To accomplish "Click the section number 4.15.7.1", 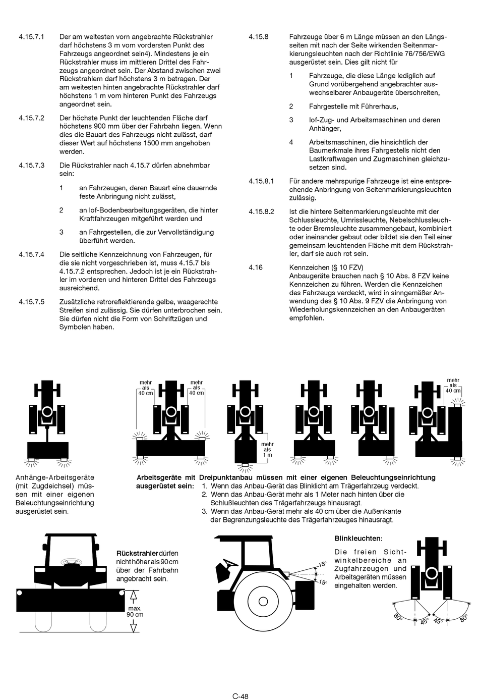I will click(x=31, y=37).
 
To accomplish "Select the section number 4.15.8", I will click(x=258, y=37).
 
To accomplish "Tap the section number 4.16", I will click(x=255, y=267).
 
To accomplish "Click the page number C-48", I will click(x=240, y=682).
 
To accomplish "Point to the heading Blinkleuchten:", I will click(x=358, y=539).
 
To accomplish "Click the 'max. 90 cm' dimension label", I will click(x=135, y=612).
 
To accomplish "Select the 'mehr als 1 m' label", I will click(x=267, y=449).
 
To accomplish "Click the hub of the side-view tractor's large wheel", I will click(x=263, y=601).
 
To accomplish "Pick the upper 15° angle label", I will click(x=322, y=564).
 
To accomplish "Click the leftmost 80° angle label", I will click(x=398, y=617).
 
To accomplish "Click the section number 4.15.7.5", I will click(x=31, y=302).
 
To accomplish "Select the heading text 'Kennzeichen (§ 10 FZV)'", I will click(x=326, y=267).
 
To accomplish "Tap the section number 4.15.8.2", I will click(x=261, y=211).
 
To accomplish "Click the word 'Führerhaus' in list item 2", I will click(x=379, y=106).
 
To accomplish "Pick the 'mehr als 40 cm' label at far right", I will click(x=453, y=386).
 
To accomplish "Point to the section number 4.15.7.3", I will click(x=31, y=165).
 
